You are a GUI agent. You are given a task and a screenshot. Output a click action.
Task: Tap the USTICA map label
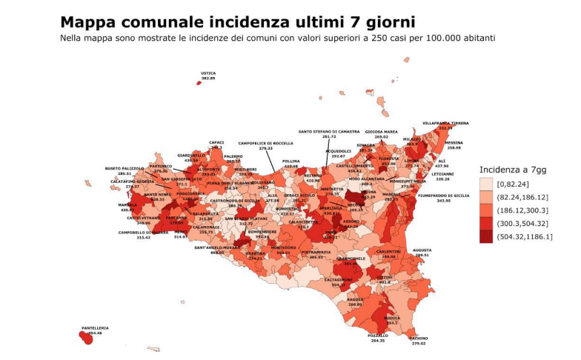208,73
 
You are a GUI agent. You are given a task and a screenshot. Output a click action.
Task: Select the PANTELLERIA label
95,328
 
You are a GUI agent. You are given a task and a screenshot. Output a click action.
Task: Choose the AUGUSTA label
422,250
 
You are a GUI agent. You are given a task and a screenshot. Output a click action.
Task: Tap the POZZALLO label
377,336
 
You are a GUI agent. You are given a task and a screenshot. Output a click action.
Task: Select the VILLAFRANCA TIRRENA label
445,123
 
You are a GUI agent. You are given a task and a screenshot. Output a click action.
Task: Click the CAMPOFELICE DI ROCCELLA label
266,144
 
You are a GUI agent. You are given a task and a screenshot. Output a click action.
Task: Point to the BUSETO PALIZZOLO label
124,169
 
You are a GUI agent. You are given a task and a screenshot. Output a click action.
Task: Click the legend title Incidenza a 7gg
512,168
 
